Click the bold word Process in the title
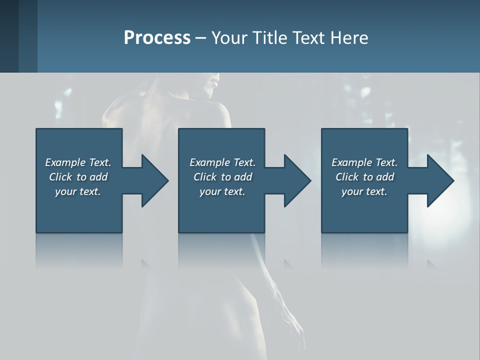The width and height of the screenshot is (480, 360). (157, 38)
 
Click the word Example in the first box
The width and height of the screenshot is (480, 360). (65, 162)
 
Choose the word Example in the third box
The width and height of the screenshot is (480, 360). (352, 162)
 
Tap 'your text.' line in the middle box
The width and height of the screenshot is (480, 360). (222, 191)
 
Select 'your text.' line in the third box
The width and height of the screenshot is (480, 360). (364, 191)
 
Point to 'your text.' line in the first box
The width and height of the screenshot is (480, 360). (77, 191)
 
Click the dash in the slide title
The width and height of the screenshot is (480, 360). (201, 38)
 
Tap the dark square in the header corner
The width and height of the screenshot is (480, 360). (9, 36)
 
